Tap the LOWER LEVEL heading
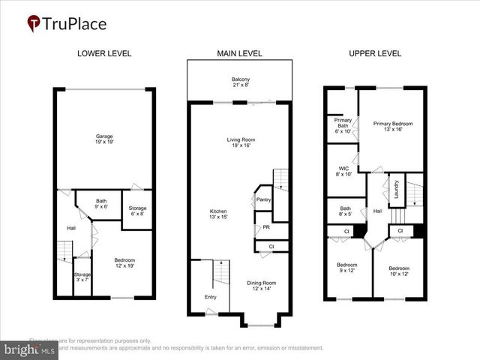[104, 53]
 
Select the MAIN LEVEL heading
[239, 53]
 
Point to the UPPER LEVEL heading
[374, 53]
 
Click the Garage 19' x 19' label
[104, 139]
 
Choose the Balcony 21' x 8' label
[240, 82]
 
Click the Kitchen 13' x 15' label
[218, 214]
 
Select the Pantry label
[263, 199]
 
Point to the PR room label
[265, 227]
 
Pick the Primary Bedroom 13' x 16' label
[394, 126]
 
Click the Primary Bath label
[343, 125]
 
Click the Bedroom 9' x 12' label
[346, 268]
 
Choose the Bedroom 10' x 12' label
[398, 270]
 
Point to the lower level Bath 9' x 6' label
[101, 204]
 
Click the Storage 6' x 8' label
[137, 210]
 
